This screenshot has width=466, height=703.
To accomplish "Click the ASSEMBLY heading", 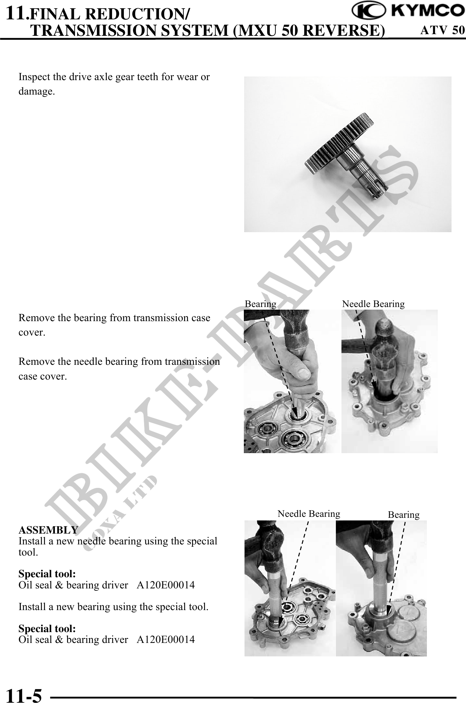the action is click(x=48, y=530).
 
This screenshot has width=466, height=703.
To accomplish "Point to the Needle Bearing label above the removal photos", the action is click(x=373, y=304).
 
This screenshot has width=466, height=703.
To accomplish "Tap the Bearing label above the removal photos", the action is click(x=261, y=304).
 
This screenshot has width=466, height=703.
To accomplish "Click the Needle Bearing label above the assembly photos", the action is click(x=309, y=514).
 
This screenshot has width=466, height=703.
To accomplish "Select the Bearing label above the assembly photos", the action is click(x=404, y=515).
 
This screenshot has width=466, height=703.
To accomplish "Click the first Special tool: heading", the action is click(x=47, y=574).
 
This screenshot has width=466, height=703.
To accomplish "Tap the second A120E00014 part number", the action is click(x=166, y=639).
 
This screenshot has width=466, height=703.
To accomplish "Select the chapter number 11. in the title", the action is click(x=18, y=13).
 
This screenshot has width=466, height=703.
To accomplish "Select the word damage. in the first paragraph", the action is click(x=37, y=92).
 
